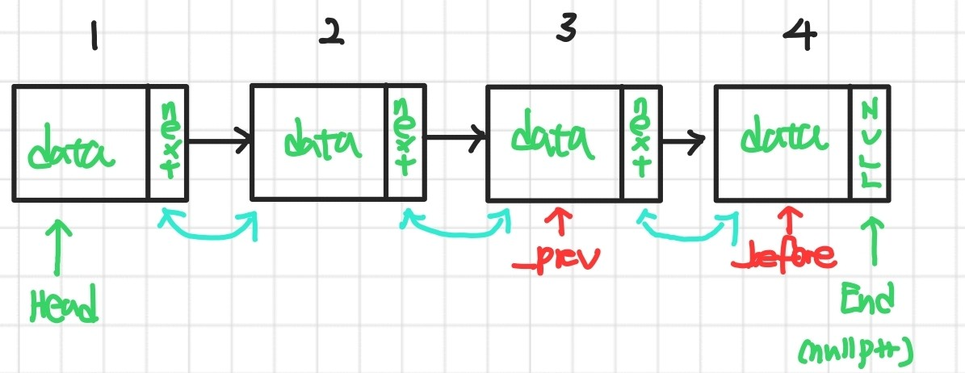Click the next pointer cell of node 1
pyautogui.click(x=168, y=143)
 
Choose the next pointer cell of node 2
pyautogui.click(x=404, y=143)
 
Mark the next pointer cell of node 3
pyautogui.click(x=641, y=143)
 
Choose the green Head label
pyautogui.click(x=64, y=304)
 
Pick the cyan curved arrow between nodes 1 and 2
pyautogui.click(x=209, y=231)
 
